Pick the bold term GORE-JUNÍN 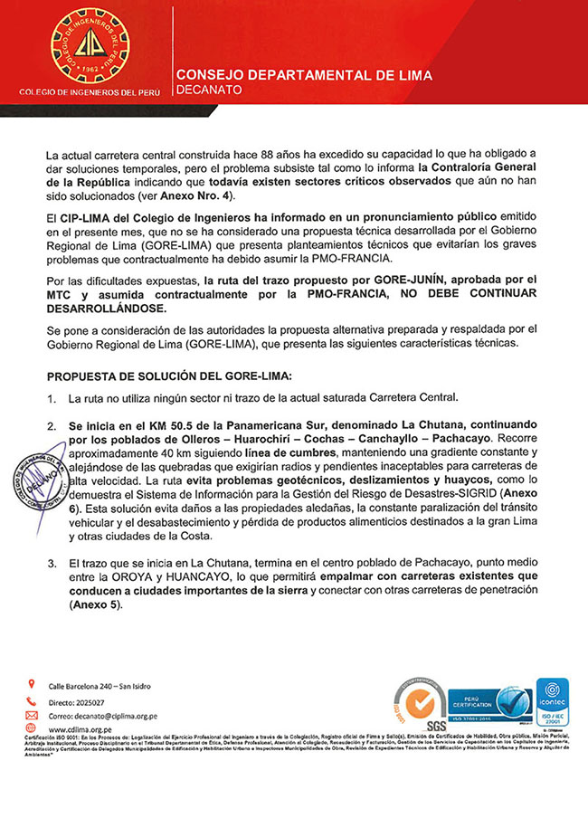coord(441,281)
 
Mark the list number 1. coord(52,399)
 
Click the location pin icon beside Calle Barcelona coord(33,683)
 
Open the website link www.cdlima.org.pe coord(80,728)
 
